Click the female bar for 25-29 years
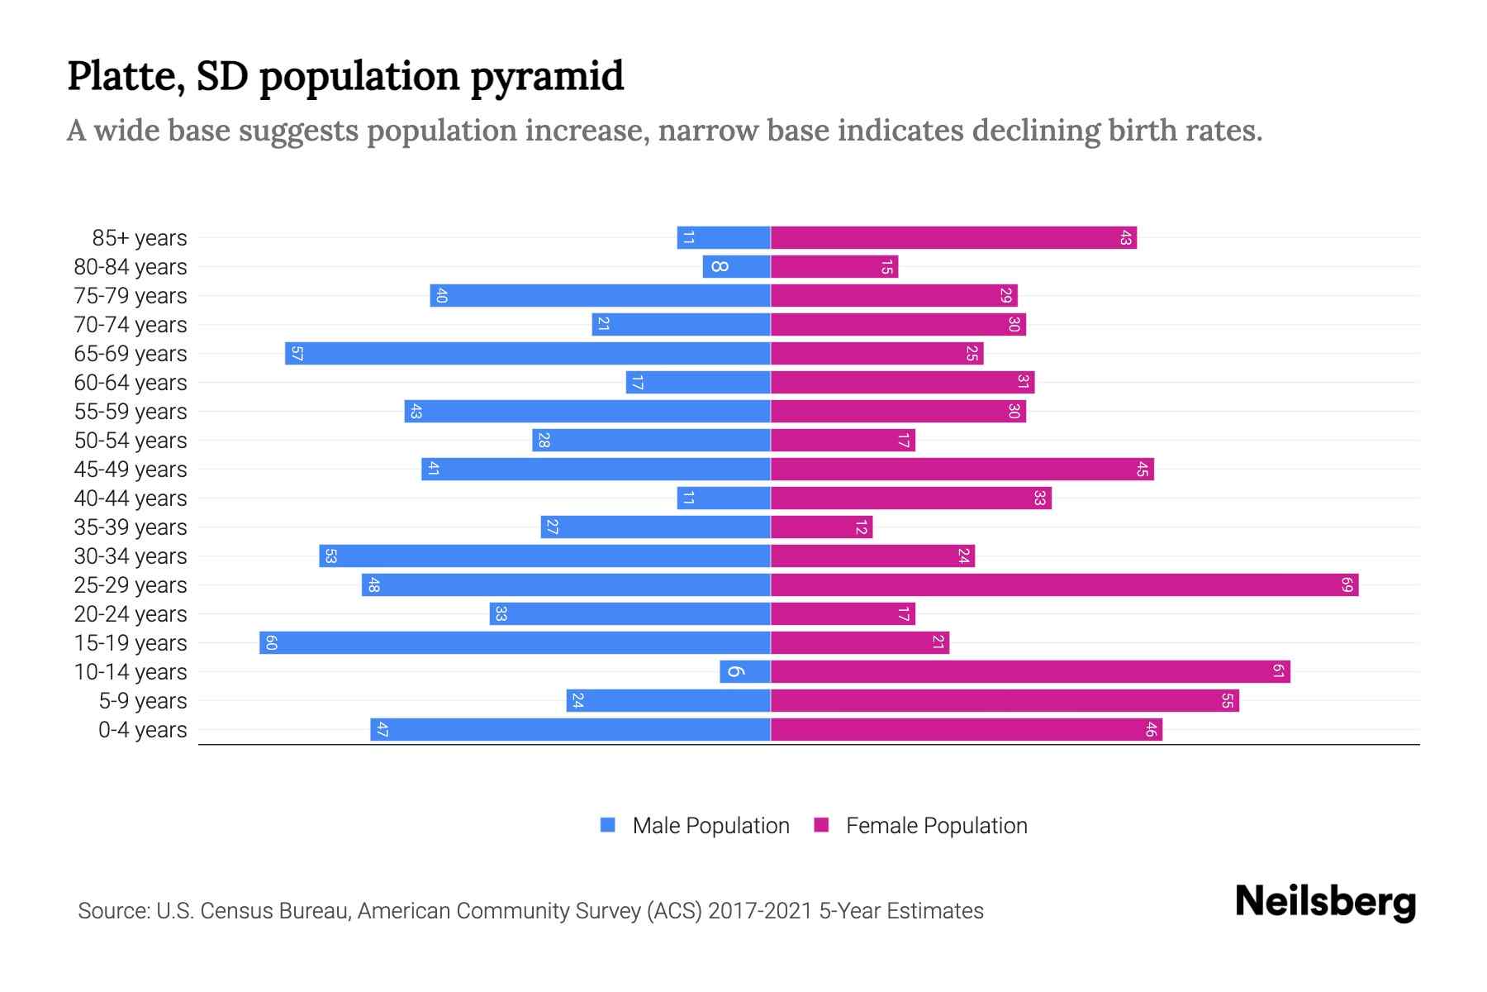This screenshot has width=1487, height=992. [1064, 585]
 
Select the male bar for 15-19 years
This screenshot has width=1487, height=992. [515, 643]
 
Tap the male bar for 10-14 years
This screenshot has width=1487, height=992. [745, 672]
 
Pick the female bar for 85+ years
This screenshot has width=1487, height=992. [953, 238]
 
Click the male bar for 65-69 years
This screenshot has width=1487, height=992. [528, 354]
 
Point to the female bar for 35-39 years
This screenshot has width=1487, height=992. [821, 527]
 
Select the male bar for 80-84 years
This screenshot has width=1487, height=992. [736, 267]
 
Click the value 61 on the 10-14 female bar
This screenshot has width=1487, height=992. [1278, 672]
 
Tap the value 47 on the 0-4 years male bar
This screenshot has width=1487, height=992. [382, 730]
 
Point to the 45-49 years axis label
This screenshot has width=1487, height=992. [131, 470]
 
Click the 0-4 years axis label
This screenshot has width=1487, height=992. [142, 730]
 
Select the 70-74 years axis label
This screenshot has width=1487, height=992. [131, 325]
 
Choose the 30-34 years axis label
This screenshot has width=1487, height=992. [131, 556]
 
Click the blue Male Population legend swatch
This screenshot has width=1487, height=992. [608, 825]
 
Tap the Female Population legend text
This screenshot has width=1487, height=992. [936, 825]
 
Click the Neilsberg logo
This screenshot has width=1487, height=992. [1325, 902]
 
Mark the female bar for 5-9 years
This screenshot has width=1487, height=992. [1005, 701]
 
